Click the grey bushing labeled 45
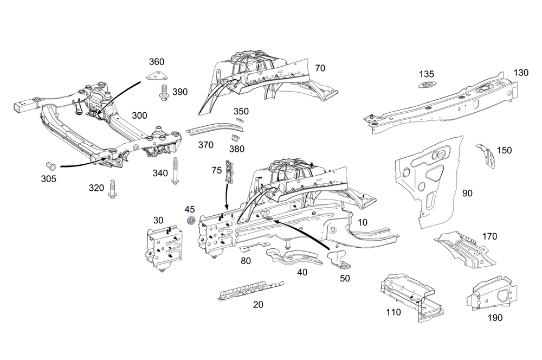pos(191,221)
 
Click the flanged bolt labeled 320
pos(113,189)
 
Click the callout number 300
pos(139,115)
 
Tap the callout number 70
pos(320,68)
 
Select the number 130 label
pos(521,72)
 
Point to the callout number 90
pos(467,192)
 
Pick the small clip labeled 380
pos(235,138)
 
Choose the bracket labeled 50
pos(339,260)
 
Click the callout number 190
pos(495,318)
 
